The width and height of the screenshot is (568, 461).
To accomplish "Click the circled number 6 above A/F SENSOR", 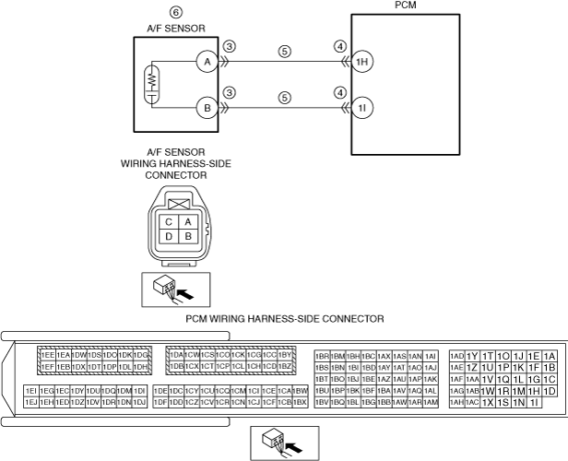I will tap(176, 13).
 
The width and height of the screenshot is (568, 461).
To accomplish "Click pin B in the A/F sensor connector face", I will tap(187, 236).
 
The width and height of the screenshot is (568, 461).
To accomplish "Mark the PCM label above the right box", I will tap(403, 5).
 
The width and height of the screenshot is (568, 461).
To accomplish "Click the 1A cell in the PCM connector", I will tap(550, 356).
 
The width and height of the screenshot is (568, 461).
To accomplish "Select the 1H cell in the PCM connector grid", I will tap(534, 390).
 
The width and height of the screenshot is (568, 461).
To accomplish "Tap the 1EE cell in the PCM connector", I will tap(46, 355).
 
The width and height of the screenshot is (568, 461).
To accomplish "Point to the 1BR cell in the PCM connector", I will tap(323, 356).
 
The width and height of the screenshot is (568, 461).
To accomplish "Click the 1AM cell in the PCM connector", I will tap(430, 402).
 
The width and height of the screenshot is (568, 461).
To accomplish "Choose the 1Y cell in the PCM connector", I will tap(472, 356).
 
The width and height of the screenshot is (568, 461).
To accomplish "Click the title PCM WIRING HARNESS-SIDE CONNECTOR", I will tap(284, 318).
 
